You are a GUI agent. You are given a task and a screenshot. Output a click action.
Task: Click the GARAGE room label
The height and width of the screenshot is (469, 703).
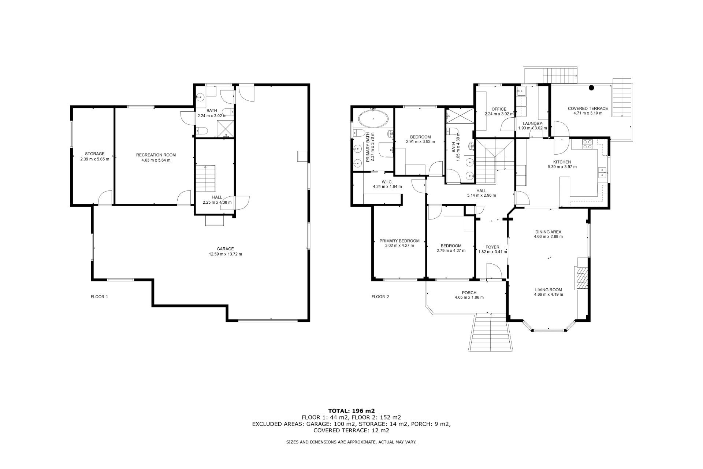point(225,249)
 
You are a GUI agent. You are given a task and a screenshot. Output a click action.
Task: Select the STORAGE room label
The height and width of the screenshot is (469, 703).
point(95,154)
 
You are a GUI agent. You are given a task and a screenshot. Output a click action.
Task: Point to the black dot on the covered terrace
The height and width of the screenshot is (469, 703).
point(591,88)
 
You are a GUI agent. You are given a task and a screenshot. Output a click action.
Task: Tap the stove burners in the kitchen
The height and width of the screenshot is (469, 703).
point(587,144)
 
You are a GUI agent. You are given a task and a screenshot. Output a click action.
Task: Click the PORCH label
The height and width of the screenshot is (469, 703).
point(469,292)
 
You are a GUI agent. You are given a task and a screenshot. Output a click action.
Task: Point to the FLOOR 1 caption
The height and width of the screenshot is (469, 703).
point(99,297)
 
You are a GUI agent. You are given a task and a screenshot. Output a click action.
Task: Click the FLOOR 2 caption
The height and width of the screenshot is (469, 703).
point(380,297)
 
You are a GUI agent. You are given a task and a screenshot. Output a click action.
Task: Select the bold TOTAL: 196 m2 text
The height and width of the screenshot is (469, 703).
point(351,411)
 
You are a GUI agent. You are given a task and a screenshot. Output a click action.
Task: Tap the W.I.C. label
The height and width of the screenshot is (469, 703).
point(387,182)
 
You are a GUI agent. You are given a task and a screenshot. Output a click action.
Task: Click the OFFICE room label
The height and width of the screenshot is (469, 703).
point(499,109)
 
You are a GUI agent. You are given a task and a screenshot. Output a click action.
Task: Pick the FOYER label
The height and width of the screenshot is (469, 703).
point(492,247)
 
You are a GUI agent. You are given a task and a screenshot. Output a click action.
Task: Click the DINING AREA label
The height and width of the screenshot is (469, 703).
point(548,232)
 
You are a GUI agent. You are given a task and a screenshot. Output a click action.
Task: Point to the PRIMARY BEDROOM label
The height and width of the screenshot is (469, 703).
point(399,241)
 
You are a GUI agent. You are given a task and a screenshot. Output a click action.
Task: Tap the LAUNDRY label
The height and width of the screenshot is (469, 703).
point(532,123)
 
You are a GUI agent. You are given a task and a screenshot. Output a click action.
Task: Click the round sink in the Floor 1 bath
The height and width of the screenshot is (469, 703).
point(200,97)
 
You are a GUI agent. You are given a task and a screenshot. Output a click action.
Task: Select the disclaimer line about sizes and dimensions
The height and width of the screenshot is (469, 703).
point(351,442)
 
